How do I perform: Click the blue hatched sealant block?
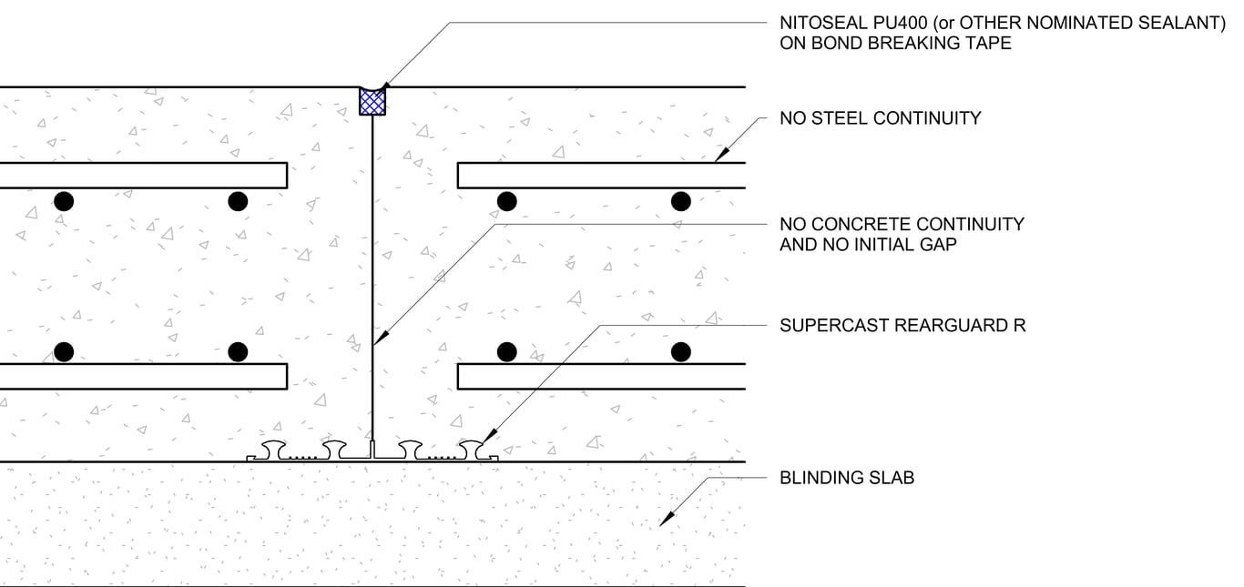click(x=372, y=101)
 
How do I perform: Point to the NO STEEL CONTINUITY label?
click(x=880, y=117)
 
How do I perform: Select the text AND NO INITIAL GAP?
click(x=868, y=244)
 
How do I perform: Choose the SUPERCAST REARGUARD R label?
click(x=902, y=325)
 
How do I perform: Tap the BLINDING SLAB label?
click(x=846, y=477)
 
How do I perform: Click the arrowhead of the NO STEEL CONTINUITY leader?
click(x=719, y=156)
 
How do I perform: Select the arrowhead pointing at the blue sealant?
click(x=382, y=84)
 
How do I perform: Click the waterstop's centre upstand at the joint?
click(x=372, y=449)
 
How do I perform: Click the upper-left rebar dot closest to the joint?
click(x=238, y=201)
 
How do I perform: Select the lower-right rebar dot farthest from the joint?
click(x=680, y=351)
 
